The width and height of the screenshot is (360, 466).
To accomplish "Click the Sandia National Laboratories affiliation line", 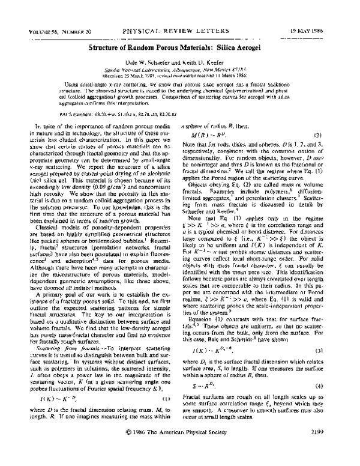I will (x=179, y=70).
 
